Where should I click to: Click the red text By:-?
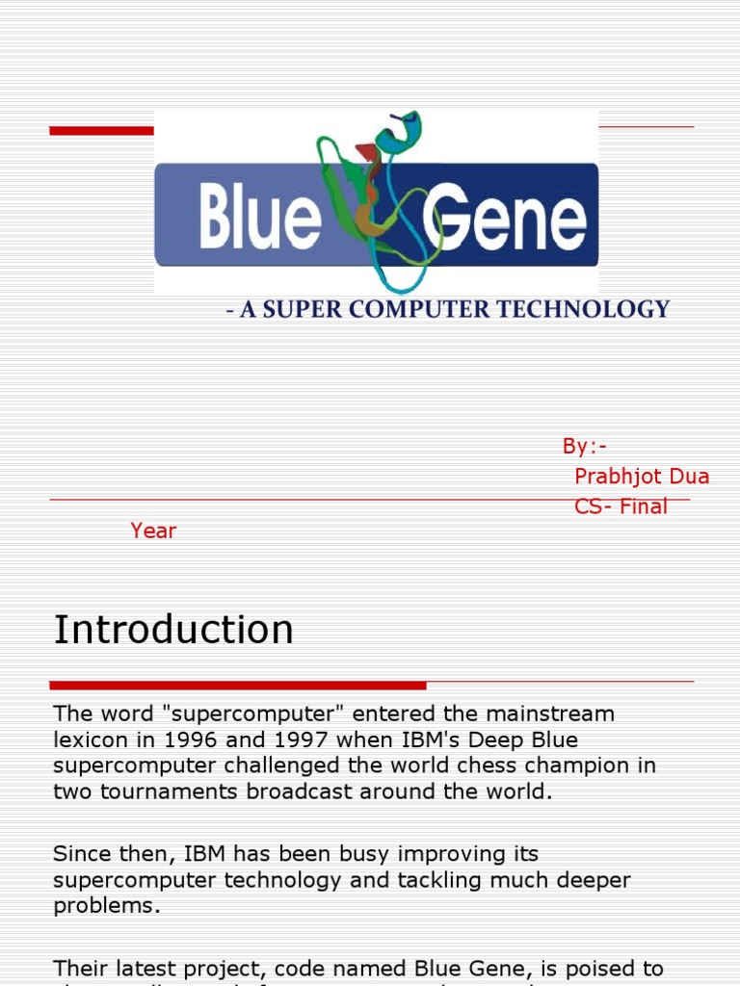tap(585, 446)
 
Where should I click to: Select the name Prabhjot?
tap(614, 477)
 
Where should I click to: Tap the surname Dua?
tap(689, 477)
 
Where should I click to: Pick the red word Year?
tap(154, 531)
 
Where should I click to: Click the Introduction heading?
tap(173, 630)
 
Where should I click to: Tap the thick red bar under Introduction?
tap(238, 686)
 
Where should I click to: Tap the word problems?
tap(106, 906)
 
